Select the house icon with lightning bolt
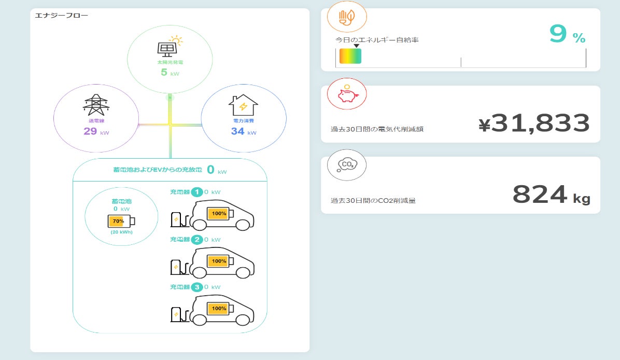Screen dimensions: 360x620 tap(243, 105)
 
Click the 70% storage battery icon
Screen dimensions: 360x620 tap(121, 221)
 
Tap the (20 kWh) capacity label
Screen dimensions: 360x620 tap(121, 232)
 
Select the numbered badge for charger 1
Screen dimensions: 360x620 tap(197, 192)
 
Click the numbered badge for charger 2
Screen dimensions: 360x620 tap(197, 240)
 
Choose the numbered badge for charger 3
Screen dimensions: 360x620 tap(197, 287)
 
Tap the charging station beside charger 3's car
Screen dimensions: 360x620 tap(176, 314)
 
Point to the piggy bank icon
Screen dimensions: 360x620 tap(347, 94)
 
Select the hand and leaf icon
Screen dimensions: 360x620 tap(347, 18)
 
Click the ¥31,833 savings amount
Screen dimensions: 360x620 tap(534, 123)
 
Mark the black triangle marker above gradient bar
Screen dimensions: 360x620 tap(356, 46)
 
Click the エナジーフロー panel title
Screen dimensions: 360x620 tap(61, 15)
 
